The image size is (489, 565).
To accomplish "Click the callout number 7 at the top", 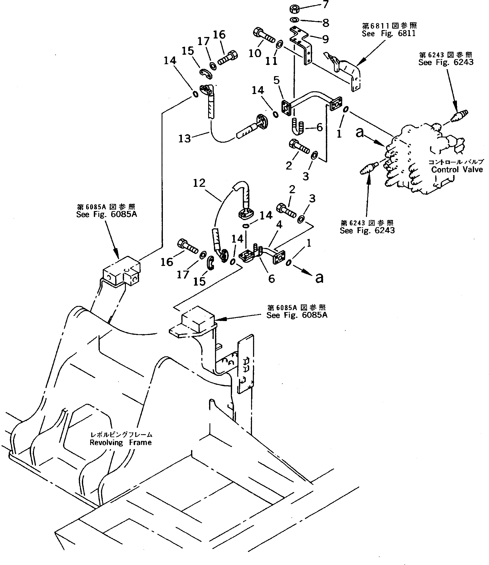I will click(326, 5).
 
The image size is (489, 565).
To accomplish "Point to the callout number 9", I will click(325, 39).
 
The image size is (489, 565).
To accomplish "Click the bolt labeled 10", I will click(263, 36).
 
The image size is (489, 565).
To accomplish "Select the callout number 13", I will click(184, 139).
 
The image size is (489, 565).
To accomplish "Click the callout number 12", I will click(199, 183).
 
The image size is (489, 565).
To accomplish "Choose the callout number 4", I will click(279, 224).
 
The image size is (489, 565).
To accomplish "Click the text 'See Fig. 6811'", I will click(389, 34).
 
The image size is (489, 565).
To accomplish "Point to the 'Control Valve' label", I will click(457, 170).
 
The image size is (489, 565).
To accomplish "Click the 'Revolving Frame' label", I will click(120, 443).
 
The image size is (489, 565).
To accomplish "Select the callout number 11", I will click(271, 61).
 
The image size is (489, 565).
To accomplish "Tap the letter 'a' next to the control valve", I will click(360, 133).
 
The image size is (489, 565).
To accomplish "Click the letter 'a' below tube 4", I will click(319, 278).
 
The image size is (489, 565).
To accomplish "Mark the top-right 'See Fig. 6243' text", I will click(446, 62).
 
